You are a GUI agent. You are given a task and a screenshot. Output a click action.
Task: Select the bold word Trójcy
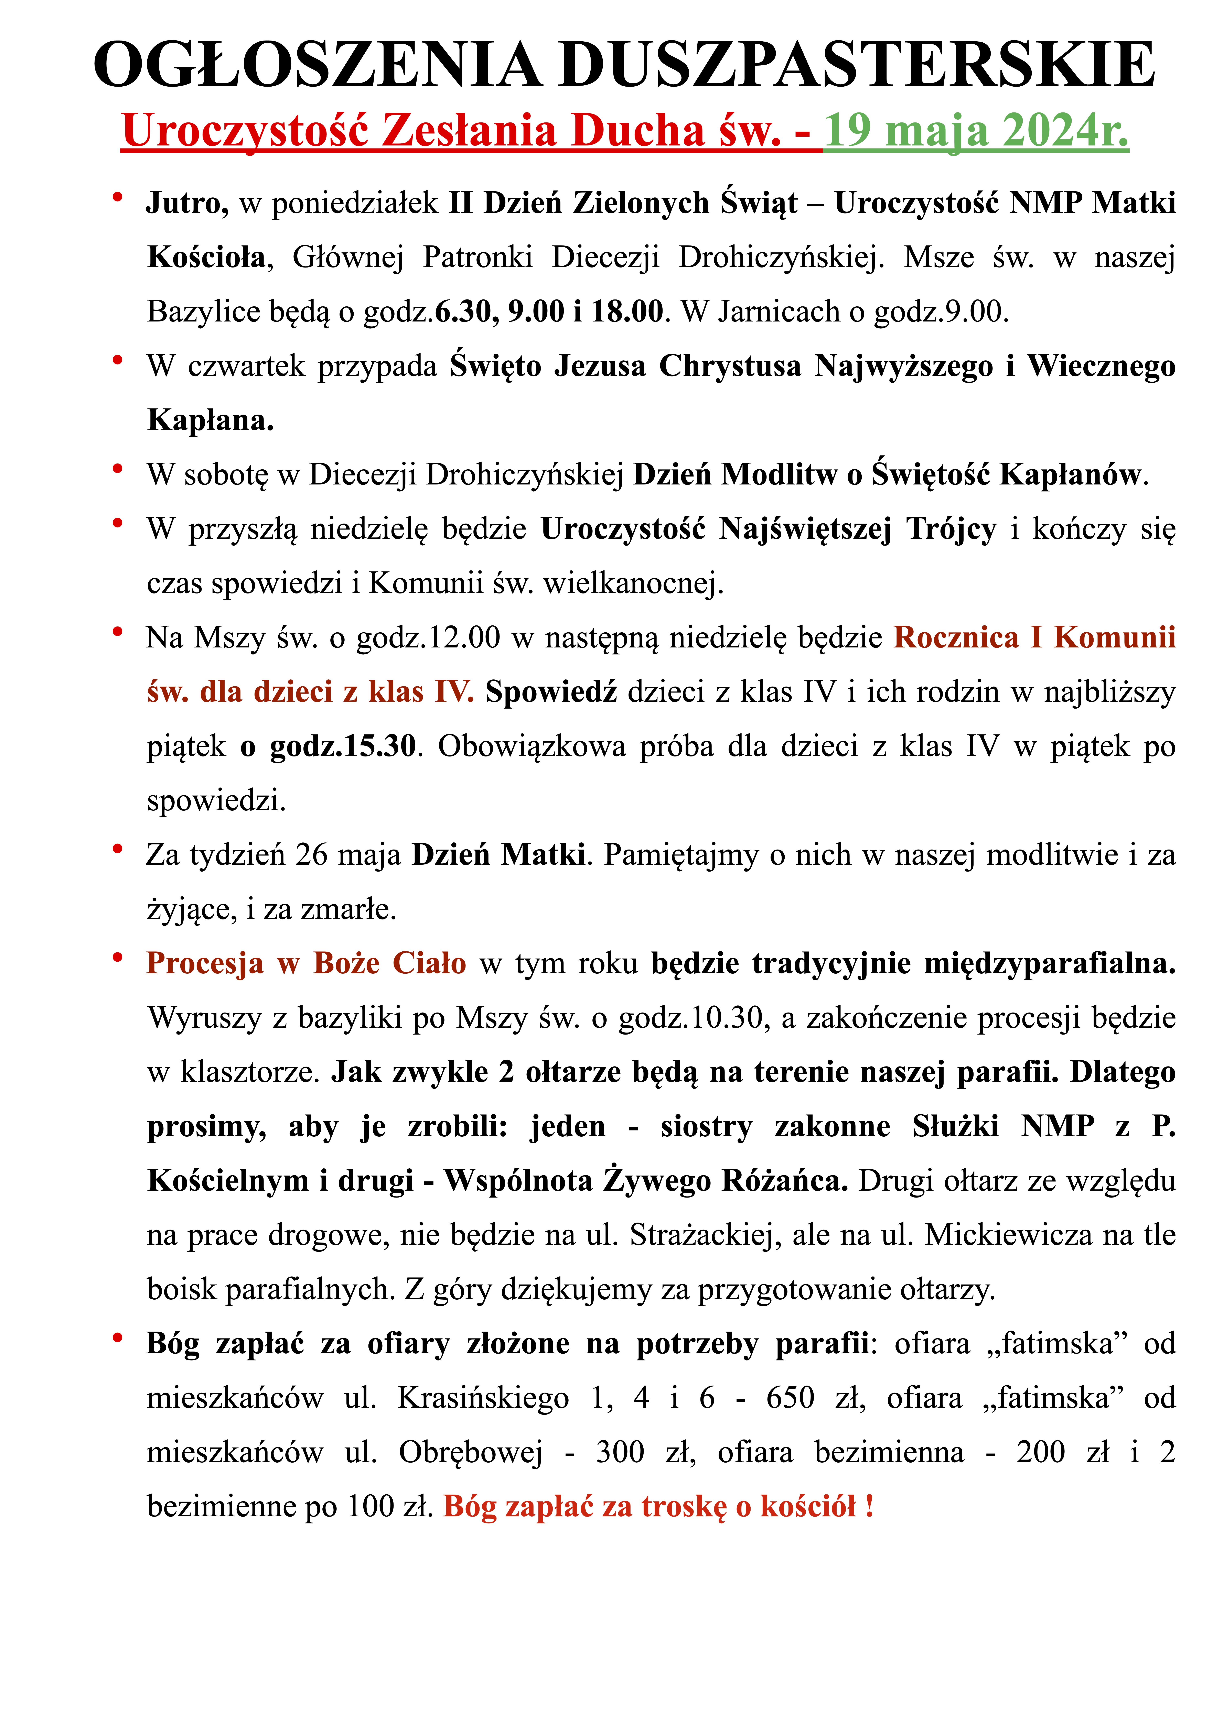[951, 529]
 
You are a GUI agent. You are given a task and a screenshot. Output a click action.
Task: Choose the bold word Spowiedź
[551, 692]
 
